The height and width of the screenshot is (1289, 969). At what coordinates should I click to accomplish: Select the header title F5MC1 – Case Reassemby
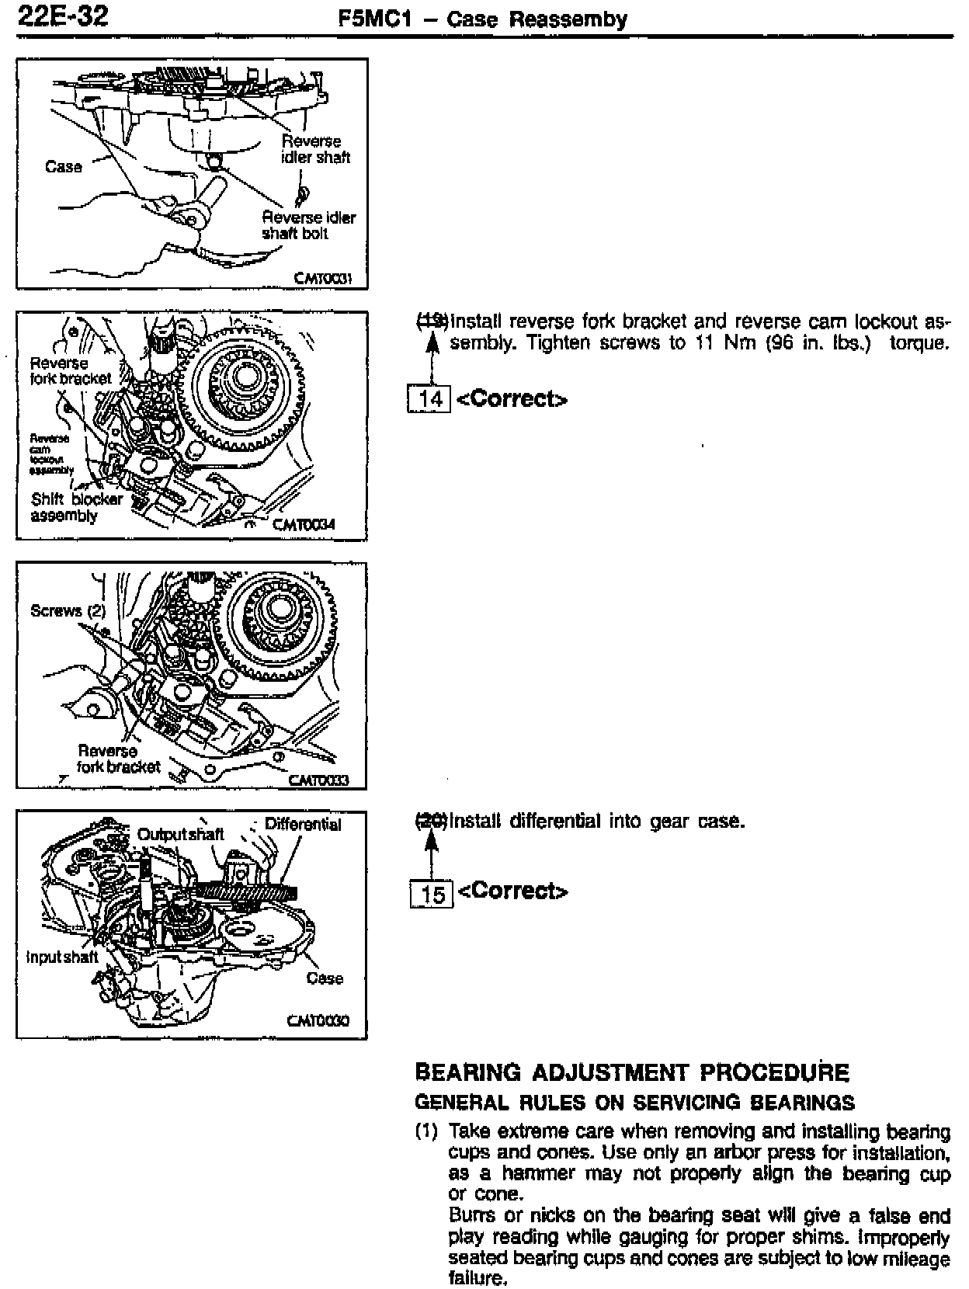[482, 19]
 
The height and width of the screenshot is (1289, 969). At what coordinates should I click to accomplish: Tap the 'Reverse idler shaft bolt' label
[307, 225]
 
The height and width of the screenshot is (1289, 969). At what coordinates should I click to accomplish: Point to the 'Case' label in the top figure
[63, 166]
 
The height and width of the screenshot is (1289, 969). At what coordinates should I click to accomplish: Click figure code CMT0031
[323, 279]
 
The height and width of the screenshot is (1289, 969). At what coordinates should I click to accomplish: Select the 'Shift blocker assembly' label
[75, 508]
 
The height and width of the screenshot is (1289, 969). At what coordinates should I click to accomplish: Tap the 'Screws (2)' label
[68, 610]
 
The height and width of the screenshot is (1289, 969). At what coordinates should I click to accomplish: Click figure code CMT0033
[318, 780]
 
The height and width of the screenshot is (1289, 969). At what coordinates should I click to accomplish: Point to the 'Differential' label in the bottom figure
[303, 824]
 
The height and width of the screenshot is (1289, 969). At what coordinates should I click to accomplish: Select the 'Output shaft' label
[180, 834]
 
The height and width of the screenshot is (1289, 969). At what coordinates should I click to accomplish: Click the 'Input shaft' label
[62, 957]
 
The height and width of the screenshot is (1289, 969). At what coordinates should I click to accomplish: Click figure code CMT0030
[318, 1021]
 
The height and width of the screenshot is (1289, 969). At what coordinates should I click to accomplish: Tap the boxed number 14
[429, 399]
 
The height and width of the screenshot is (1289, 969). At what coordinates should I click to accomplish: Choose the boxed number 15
[431, 894]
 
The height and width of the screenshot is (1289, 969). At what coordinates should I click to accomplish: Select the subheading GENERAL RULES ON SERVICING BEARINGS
[634, 1103]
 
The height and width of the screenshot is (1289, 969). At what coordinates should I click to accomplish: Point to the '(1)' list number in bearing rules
[427, 1132]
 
